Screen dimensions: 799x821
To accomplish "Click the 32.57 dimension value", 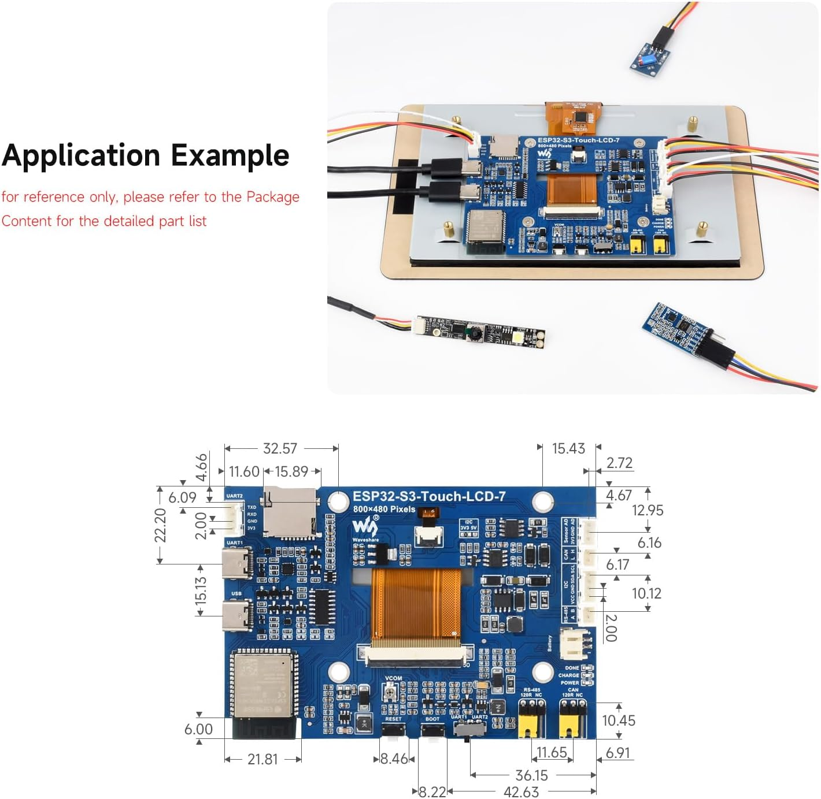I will tap(280, 448).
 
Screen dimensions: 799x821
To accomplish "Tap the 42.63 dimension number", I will tap(521, 791).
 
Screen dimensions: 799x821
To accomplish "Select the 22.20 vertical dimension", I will tap(160, 525).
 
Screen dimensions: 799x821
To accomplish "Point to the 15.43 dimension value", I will tap(568, 448).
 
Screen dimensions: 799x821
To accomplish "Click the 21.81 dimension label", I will tap(262, 759).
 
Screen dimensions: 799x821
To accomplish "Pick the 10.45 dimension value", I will tap(618, 720).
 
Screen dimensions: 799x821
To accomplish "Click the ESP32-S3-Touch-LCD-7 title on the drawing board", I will tap(429, 496).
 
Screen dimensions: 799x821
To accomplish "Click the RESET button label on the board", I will tap(393, 719).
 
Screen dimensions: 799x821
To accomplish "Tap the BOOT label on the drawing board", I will tap(432, 719).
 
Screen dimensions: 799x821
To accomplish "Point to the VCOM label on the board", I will tap(393, 678).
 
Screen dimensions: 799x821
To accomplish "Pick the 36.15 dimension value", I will tap(531, 775).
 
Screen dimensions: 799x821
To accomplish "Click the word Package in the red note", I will tap(273, 197).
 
